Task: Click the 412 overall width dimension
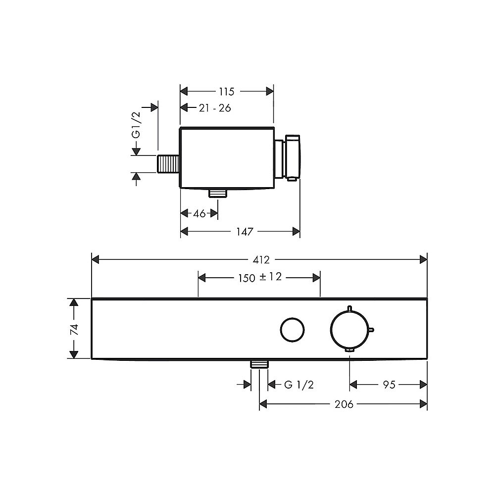point(261,260)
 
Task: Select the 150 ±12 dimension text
point(260,278)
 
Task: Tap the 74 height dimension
point(74,330)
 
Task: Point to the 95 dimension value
point(389,385)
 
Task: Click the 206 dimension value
point(344,404)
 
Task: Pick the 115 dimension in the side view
point(227,92)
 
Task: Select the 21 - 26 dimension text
point(215,108)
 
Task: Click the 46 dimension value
point(199,214)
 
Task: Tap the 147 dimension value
point(245,232)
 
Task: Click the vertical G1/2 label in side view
point(136,125)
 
